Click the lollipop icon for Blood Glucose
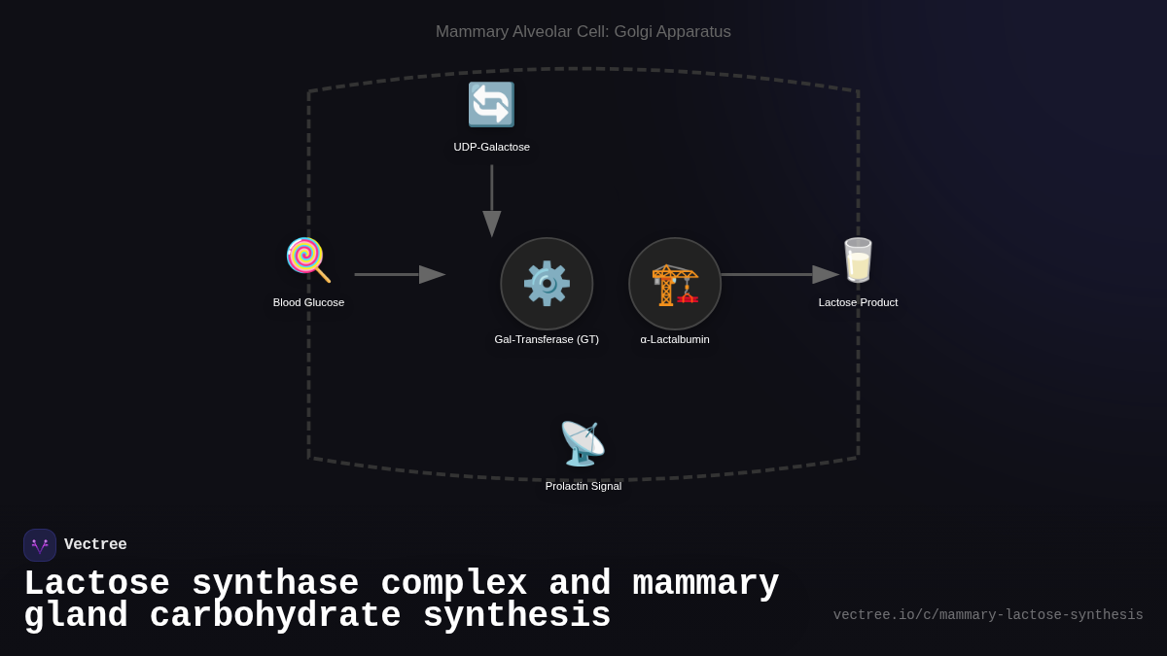[x=307, y=259]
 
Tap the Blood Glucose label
[x=308, y=302]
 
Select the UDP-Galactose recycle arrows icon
[x=491, y=104]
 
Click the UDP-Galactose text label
[x=491, y=147]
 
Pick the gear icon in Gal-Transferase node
[x=547, y=283]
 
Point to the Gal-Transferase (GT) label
[x=547, y=339]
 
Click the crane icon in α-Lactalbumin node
[x=675, y=284]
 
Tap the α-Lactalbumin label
[x=675, y=339]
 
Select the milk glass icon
[x=858, y=259]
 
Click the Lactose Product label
[x=858, y=302]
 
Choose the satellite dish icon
[x=583, y=443]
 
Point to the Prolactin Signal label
[x=583, y=486]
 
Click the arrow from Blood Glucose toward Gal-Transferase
[x=399, y=274]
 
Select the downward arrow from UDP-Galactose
[x=492, y=199]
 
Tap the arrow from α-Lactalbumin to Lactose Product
[x=778, y=274]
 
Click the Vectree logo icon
[x=40, y=545]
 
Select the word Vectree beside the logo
[x=95, y=545]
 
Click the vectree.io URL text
[x=987, y=615]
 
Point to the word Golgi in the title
[x=632, y=32]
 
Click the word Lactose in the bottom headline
[x=96, y=584]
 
